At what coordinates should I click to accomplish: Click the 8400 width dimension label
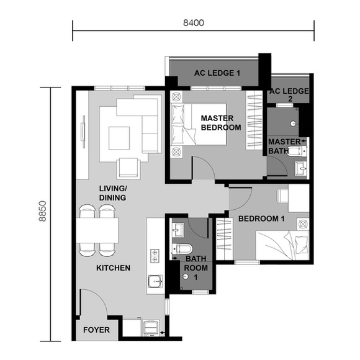click(194, 22)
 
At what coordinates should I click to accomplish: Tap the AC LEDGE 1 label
click(217, 73)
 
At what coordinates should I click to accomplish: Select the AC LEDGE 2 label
click(289, 95)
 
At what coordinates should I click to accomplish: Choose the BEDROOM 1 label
click(262, 218)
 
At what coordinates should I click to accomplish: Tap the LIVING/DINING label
click(113, 193)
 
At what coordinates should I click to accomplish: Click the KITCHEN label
click(113, 268)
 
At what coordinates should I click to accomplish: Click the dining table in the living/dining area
click(98, 232)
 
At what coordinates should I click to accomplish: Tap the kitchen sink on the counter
click(155, 282)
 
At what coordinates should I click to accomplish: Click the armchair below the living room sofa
click(129, 167)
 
